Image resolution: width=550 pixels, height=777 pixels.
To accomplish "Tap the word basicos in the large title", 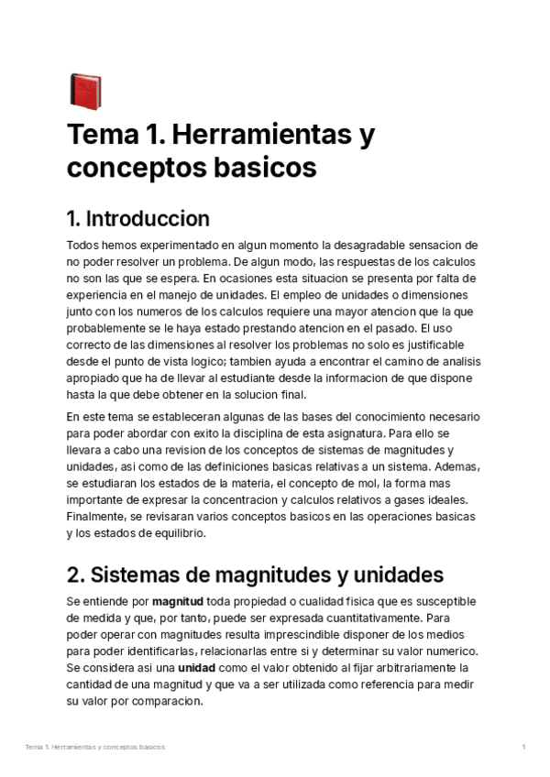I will click(264, 169).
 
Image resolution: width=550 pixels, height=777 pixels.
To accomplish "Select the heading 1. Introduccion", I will click(138, 219).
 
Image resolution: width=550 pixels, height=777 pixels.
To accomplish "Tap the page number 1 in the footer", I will click(523, 748).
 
